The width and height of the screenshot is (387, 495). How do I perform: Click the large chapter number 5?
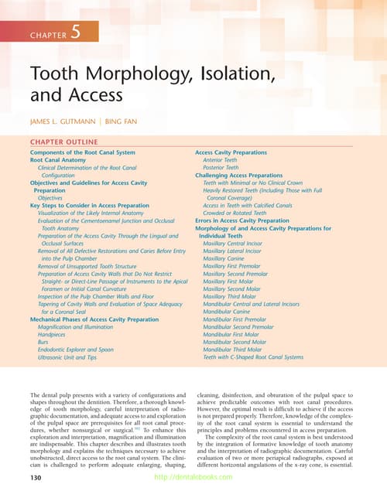coord(75,32)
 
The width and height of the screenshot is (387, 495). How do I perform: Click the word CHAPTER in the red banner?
coord(48,35)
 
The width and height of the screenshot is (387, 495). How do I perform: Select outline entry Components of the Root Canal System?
coord(82,153)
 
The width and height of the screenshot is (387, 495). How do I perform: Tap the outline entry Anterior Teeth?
coord(221,161)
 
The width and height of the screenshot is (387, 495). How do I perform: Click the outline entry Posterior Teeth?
coord(221,168)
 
